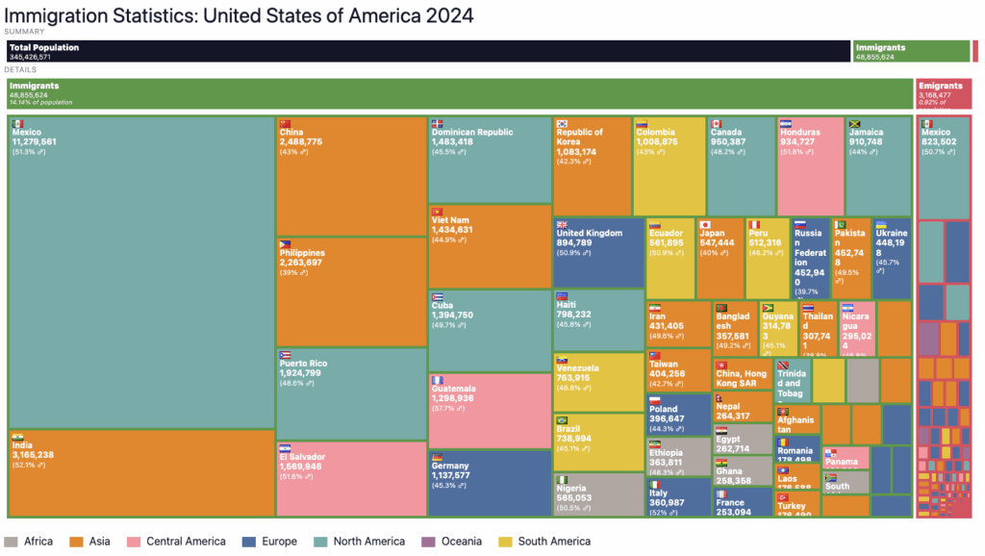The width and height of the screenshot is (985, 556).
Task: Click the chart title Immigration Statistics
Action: (x=240, y=15)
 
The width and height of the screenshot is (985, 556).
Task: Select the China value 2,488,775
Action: (x=300, y=141)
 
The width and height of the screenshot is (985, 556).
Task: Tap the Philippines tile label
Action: (x=302, y=253)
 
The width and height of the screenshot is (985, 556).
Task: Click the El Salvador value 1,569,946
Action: (x=302, y=467)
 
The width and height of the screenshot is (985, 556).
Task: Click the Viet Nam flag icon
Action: (x=438, y=211)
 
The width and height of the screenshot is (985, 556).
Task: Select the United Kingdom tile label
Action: (x=590, y=233)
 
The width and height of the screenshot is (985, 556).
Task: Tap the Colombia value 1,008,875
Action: (x=657, y=141)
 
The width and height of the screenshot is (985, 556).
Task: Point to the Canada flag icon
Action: (x=716, y=123)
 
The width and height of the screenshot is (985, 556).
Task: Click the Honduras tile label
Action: (x=798, y=133)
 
